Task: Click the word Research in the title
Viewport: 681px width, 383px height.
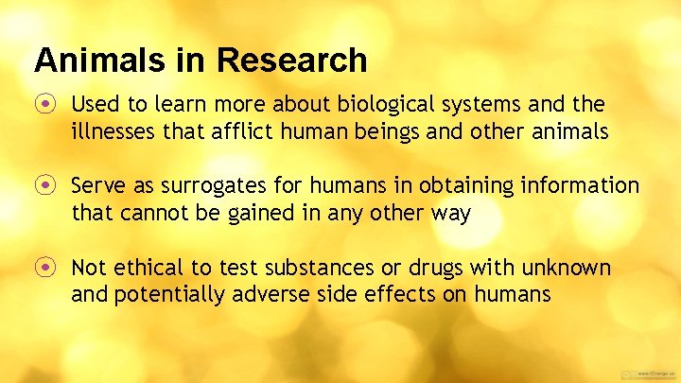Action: pos(290,61)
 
